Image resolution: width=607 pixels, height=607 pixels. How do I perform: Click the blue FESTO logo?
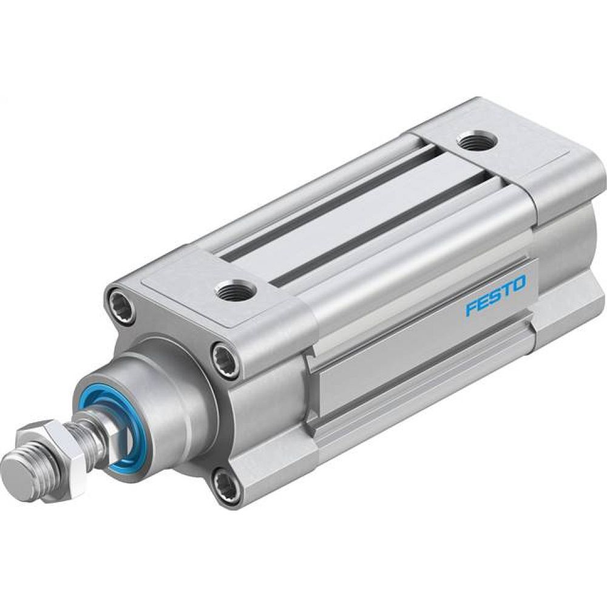tap(495, 297)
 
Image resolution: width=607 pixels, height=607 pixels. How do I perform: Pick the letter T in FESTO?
tap(507, 291)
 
